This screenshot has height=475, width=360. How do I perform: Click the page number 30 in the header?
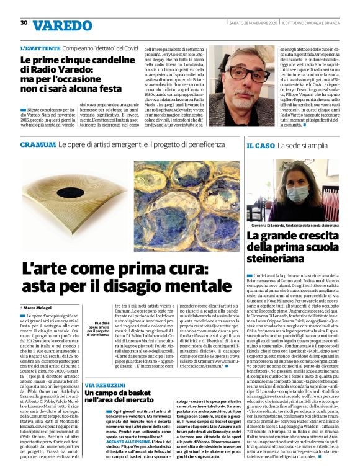coord(24,22)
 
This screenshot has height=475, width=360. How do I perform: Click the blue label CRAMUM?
coord(37,144)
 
